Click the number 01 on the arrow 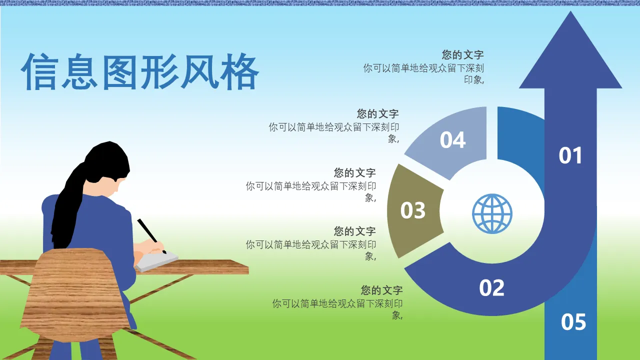[x=570, y=155]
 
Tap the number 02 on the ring [x=491, y=287]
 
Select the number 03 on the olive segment [x=413, y=210]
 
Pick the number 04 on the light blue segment [x=452, y=140]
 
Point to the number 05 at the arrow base [x=573, y=322]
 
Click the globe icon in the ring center [x=492, y=213]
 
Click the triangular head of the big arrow [x=570, y=57]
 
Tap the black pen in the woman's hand [x=151, y=236]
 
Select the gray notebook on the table [x=156, y=261]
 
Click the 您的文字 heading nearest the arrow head [x=462, y=54]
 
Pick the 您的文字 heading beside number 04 [x=377, y=113]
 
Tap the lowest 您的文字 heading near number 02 [x=381, y=290]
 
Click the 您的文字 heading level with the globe [x=354, y=231]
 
